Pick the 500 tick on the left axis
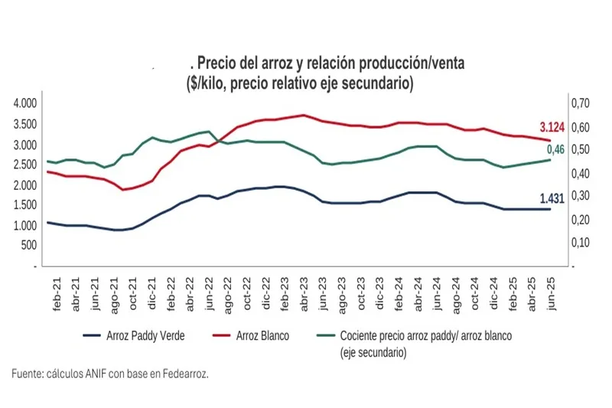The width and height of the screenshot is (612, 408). [x=28, y=245]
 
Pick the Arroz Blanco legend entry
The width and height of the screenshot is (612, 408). [x=261, y=335]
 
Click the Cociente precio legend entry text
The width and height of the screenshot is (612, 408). [x=425, y=335]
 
